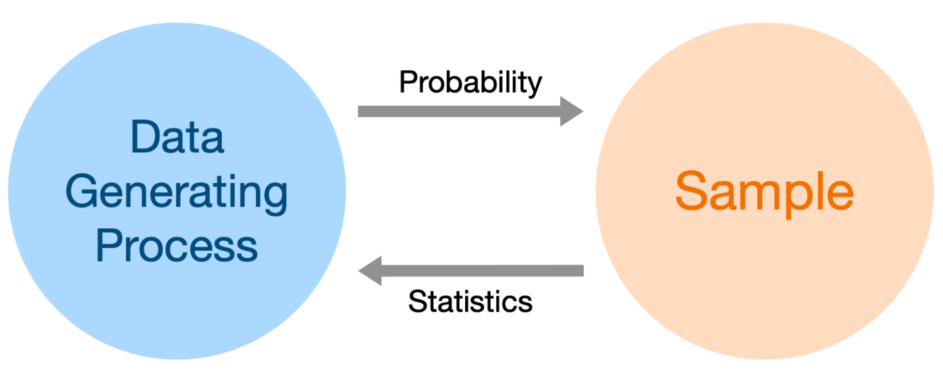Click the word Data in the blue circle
[x=177, y=137]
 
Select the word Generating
[x=176, y=193]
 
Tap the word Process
[x=177, y=246]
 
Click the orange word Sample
[x=764, y=193]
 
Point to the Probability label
[x=471, y=83]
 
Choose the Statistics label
[x=470, y=301]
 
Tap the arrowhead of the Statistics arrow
[x=370, y=271]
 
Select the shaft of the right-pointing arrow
[x=459, y=111]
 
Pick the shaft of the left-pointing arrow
[x=483, y=271]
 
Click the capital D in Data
[x=145, y=137]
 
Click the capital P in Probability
[x=408, y=82]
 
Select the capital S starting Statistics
[x=417, y=302]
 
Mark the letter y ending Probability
[x=535, y=88]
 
